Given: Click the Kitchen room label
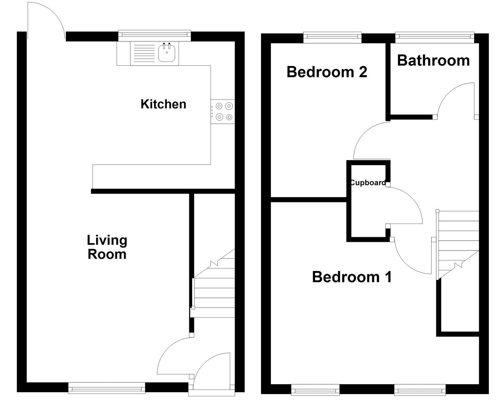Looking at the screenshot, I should (x=163, y=104).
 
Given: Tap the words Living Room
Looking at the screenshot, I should (x=107, y=247).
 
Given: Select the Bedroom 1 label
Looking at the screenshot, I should (x=352, y=277).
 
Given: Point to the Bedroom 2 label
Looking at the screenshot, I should (x=327, y=71).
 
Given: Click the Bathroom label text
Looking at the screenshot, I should (x=433, y=60).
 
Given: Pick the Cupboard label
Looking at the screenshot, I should (x=367, y=183).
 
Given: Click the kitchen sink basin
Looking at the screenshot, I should (x=167, y=53).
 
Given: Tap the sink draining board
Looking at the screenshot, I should (x=143, y=53).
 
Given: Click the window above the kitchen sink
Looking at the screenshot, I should (x=154, y=35).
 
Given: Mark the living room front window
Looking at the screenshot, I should (x=106, y=388).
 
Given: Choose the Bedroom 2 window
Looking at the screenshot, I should (x=333, y=36).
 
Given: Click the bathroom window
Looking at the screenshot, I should (x=435, y=36).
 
